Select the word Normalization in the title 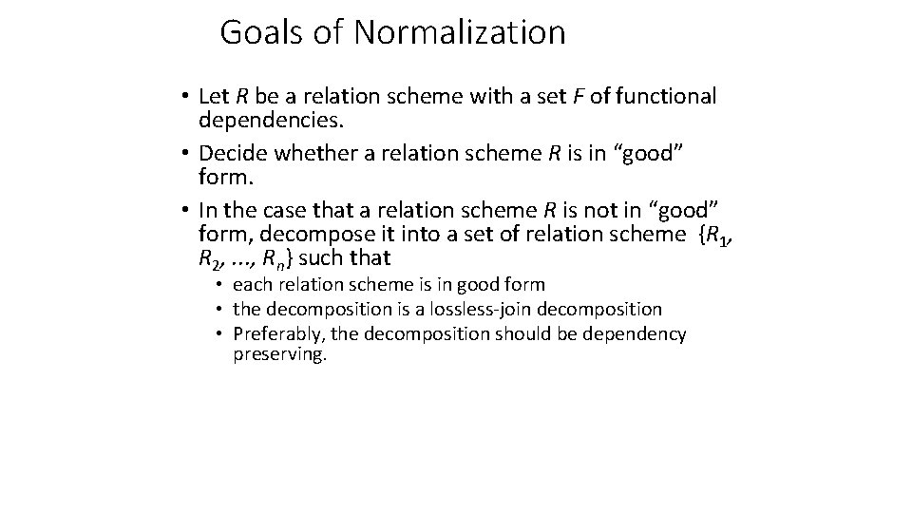460,33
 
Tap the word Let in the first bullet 216,96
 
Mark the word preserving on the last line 279,355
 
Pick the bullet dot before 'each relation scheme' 219,285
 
